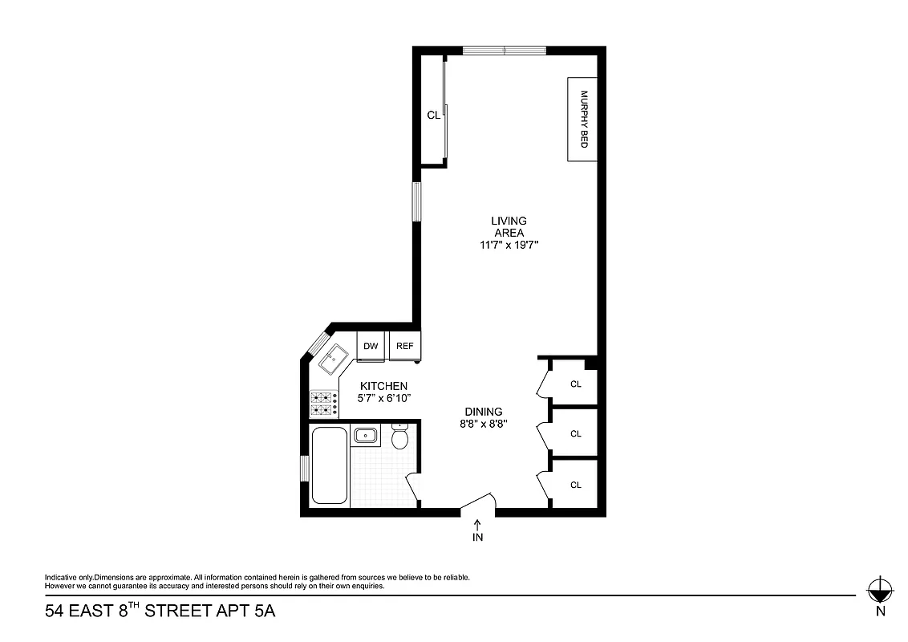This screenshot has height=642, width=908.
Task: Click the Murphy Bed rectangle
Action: (x=583, y=119)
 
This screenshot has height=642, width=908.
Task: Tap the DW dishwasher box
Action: (x=371, y=347)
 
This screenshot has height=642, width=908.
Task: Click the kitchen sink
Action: (x=331, y=359)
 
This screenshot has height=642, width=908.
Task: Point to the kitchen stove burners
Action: (x=323, y=404)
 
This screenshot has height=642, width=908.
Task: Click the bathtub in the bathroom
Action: (x=329, y=465)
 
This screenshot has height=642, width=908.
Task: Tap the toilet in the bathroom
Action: (x=400, y=438)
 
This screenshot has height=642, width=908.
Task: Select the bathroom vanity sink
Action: (x=367, y=436)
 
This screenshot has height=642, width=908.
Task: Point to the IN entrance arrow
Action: (x=478, y=525)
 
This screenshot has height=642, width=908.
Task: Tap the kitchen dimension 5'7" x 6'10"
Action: (x=383, y=398)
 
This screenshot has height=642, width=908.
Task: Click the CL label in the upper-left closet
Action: (x=433, y=116)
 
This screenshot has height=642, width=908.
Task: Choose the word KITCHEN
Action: (x=383, y=386)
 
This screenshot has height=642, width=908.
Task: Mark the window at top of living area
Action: (x=505, y=51)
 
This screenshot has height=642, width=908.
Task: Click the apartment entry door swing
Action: (x=479, y=502)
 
